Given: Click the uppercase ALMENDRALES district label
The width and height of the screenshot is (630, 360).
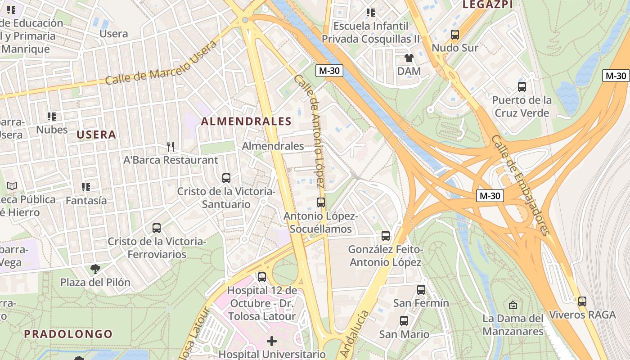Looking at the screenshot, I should tap(246, 121).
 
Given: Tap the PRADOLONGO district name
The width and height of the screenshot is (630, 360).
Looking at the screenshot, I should tap(68, 334).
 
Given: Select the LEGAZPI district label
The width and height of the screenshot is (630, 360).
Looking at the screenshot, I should tap(488, 4).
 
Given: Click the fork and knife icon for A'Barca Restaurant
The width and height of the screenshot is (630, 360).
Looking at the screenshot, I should tap(171, 147).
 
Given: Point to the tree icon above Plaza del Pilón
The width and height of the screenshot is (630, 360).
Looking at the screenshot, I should tap(95, 270).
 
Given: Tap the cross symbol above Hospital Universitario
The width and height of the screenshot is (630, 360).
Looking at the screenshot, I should tap(272, 341).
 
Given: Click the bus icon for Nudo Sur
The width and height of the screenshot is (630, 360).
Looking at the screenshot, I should tap(455, 35).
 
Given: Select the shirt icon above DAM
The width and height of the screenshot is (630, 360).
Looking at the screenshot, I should tap(409, 58).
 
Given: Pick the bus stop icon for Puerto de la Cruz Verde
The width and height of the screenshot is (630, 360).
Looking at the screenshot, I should tap(522, 87).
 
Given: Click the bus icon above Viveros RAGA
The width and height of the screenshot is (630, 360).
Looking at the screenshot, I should tap(582, 301).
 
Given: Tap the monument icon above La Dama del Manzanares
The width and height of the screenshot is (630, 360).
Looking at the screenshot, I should tap(513, 306).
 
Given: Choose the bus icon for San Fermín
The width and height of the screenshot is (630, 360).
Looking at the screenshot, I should tap(421, 290).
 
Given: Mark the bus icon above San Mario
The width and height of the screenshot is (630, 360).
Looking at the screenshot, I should tap(404, 321).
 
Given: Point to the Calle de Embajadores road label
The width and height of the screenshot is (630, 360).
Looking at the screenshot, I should tap(521, 185).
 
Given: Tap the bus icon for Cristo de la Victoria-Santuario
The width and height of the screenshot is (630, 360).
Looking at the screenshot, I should tap(226, 178).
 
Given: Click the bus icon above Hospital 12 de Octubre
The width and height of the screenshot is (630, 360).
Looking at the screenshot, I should tap(262, 277).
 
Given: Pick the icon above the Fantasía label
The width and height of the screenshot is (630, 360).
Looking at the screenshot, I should tap(85, 187).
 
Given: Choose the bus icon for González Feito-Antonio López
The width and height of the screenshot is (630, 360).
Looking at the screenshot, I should tap(386, 236).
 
